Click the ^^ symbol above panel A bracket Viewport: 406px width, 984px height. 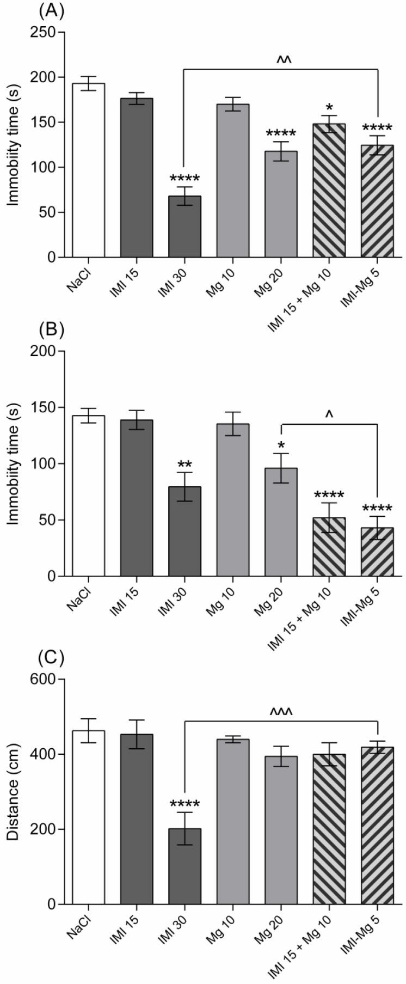tap(281, 59)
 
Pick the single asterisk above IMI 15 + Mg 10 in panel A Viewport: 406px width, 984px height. tap(329, 107)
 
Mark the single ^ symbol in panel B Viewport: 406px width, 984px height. tap(329, 415)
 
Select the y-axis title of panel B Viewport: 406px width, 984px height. tap(14, 463)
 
